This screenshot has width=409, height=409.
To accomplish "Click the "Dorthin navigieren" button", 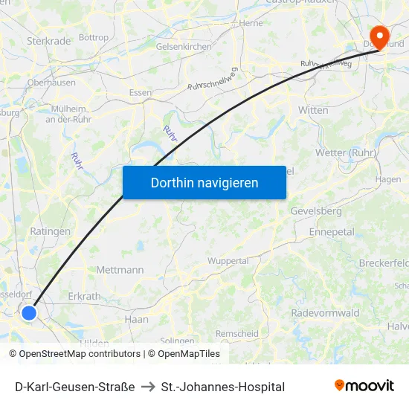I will [x=204, y=182].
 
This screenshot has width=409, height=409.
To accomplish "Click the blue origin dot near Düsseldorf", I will [x=29, y=313].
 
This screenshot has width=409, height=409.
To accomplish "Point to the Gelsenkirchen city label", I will [x=183, y=46].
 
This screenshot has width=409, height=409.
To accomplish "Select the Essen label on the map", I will [x=141, y=93].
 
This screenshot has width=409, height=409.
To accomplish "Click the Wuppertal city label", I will [x=228, y=261].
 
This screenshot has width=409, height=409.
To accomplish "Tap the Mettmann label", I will [x=120, y=270].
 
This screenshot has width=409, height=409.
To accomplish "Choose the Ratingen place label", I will [x=51, y=231].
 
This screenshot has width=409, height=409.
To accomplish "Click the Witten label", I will [x=313, y=110].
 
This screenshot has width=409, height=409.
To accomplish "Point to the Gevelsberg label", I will [x=316, y=211].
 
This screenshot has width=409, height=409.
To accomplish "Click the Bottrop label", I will [x=93, y=37].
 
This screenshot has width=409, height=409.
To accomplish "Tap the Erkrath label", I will [x=84, y=296].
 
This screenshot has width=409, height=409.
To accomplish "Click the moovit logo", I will [x=364, y=386].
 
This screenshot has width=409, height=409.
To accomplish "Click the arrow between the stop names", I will [x=148, y=387].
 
